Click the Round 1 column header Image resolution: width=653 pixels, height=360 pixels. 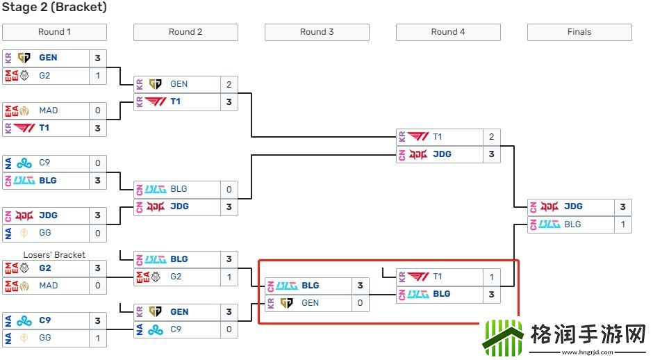pos(54,32)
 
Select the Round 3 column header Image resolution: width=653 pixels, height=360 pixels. pos(317,32)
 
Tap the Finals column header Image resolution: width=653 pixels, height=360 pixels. pos(579,32)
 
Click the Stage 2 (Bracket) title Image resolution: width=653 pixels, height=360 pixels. pos(54,8)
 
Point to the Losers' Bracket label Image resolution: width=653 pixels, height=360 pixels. pos(54,255)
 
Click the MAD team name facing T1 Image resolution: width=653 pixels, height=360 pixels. pos(49,111)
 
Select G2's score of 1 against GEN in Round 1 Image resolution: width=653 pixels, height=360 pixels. pos(98,75)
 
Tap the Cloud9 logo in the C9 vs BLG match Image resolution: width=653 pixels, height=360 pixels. pos(24,163)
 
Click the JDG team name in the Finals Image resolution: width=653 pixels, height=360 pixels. pos(573,206)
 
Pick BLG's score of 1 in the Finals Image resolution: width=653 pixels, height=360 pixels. pos(623,224)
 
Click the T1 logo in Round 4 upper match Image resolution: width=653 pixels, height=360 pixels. pos(418,137)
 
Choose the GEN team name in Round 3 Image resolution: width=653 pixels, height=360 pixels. pos(310,303)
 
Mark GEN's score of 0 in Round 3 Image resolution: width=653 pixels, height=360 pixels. pos(360,303)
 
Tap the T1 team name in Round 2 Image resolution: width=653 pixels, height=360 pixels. pos(176,101)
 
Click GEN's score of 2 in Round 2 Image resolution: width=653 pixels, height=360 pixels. pos(229,84)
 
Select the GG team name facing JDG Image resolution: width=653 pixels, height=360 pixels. pos(44,233)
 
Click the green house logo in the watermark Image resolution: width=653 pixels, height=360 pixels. pos(502,338)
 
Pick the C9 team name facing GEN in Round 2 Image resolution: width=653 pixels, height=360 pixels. pos(175,329)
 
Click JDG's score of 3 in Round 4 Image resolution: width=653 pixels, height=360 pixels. pos(491,154)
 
